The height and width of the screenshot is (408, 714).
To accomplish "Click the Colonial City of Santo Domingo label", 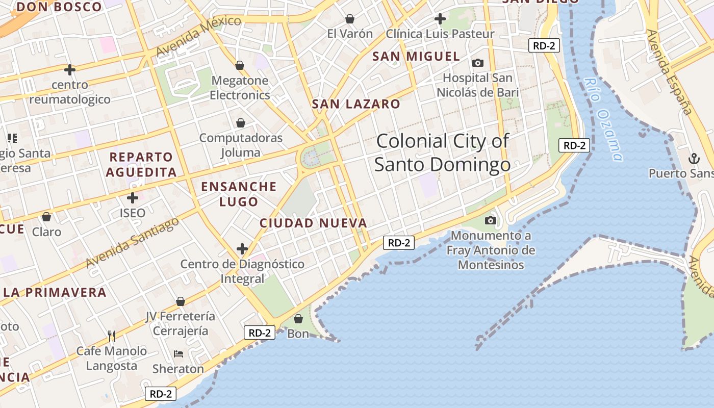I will pyautogui.click(x=442, y=152).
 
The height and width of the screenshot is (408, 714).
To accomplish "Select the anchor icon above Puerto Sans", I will pyautogui.click(x=694, y=159).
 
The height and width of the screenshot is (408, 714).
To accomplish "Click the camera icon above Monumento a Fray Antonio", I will pyautogui.click(x=491, y=220).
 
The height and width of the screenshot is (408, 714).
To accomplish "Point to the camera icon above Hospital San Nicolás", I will pyautogui.click(x=477, y=63).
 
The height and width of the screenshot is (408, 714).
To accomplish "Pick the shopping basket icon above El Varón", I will pyautogui.click(x=350, y=19).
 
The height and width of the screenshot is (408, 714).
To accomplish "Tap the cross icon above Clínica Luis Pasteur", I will pyautogui.click(x=440, y=19).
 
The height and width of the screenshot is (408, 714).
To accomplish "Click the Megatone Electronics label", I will pyautogui.click(x=240, y=88).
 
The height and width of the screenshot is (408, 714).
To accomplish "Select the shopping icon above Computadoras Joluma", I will pyautogui.click(x=240, y=123).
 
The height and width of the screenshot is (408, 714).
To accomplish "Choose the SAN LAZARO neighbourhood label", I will pyautogui.click(x=356, y=104).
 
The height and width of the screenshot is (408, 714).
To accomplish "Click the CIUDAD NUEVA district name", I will pyautogui.click(x=313, y=223).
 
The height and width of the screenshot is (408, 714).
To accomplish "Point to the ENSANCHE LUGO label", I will pyautogui.click(x=239, y=194).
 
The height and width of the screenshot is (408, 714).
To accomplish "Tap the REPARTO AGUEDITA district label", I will pyautogui.click(x=141, y=164).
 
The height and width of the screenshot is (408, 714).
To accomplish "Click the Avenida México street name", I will pyautogui.click(x=198, y=36).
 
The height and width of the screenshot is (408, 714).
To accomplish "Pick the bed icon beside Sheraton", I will pyautogui.click(x=178, y=353).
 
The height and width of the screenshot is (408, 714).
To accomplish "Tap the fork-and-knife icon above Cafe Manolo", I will pyautogui.click(x=112, y=336).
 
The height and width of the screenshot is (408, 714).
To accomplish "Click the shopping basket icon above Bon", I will pyautogui.click(x=298, y=319).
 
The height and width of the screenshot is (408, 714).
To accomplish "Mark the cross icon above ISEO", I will pyautogui.click(x=133, y=197).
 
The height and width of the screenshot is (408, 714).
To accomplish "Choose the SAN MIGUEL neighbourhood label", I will pyautogui.click(x=416, y=56).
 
